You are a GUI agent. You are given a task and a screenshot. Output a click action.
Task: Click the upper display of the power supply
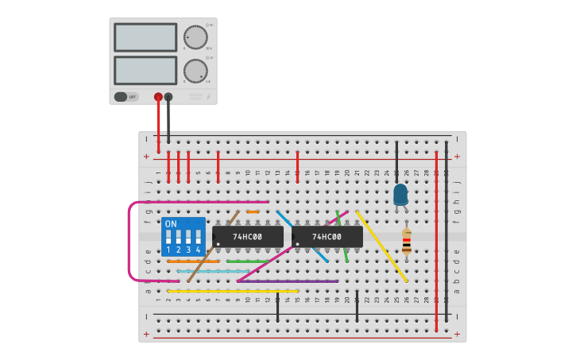(145, 37)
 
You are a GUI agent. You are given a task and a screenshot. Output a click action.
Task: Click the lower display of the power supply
(145, 70)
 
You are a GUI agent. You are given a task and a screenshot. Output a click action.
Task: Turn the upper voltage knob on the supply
(195, 37)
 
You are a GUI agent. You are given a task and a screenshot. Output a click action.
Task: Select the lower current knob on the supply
(195, 71)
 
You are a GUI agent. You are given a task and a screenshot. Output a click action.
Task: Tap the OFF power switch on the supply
(126, 97)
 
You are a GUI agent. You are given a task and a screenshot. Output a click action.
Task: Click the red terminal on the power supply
(158, 97)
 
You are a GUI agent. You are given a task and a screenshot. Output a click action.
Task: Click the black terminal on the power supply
(168, 97)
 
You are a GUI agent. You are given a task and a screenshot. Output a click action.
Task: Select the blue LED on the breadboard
(400, 194)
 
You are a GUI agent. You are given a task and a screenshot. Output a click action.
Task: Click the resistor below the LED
(407, 242)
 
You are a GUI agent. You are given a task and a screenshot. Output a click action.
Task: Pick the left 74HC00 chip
(248, 237)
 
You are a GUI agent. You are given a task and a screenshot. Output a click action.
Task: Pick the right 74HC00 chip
(327, 237)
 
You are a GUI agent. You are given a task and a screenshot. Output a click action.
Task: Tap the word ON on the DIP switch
(171, 224)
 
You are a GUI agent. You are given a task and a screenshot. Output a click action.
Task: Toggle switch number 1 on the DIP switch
(168, 238)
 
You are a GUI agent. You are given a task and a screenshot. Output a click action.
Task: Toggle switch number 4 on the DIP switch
(198, 238)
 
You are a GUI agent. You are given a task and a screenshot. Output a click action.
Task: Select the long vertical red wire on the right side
(436, 238)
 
